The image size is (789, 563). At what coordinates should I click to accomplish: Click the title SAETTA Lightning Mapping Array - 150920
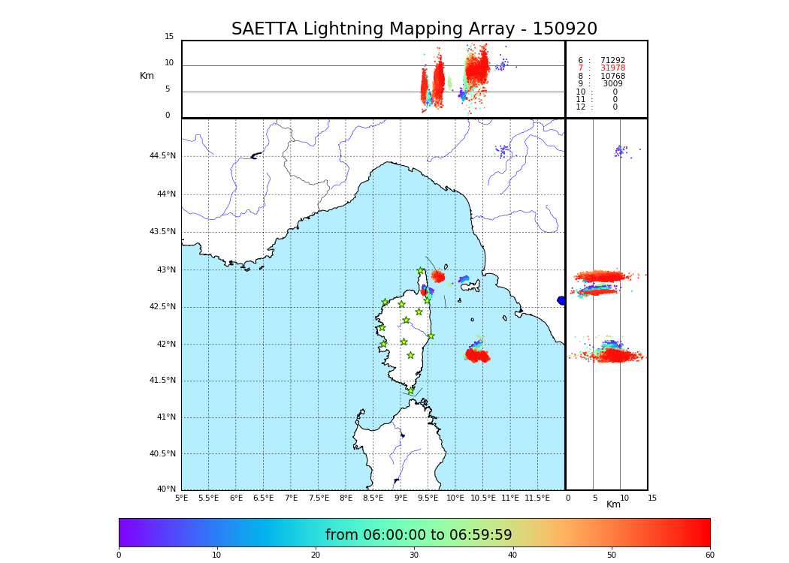414,29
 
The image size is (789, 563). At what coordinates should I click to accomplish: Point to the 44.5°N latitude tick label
162,156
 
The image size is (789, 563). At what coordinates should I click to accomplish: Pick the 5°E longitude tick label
181,498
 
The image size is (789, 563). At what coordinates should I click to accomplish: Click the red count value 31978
612,68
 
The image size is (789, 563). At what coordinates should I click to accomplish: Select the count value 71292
612,61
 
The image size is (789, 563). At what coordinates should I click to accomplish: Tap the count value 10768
612,77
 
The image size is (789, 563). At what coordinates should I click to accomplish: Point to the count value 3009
612,84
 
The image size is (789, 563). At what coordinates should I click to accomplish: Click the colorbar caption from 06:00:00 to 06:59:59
419,535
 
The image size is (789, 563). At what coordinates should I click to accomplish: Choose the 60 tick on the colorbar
709,555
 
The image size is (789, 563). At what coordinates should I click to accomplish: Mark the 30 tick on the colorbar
414,555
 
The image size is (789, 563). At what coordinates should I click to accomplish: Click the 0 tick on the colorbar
119,555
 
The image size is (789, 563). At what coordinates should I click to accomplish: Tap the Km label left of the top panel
147,76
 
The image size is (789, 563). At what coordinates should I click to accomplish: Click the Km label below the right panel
614,504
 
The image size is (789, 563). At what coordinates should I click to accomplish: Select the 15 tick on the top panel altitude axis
169,37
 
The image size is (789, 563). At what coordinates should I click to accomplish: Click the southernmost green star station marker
410,390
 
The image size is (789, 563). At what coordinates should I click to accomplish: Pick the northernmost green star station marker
421,270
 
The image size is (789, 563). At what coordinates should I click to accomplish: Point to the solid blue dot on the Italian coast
561,300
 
